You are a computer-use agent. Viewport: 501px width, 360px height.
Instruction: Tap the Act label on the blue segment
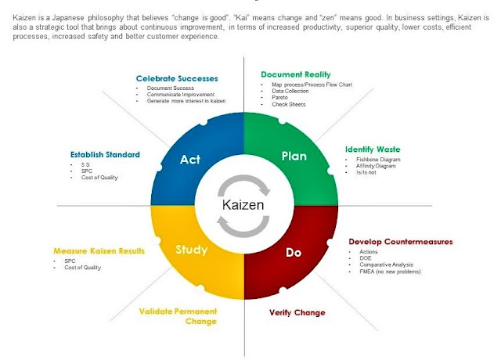[190, 160]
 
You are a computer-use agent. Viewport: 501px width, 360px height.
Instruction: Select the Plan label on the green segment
[294, 156]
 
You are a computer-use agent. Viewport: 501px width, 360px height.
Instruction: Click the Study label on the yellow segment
[192, 250]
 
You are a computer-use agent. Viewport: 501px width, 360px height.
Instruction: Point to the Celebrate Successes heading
[177, 78]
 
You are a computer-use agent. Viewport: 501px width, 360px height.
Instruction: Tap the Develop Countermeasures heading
[399, 241]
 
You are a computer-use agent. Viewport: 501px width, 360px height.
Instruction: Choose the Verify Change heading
[297, 313]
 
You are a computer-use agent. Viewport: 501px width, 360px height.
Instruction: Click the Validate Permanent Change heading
[178, 316]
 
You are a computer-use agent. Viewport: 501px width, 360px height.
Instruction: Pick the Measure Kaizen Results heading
[99, 251]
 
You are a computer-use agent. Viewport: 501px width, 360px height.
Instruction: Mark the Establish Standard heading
[105, 154]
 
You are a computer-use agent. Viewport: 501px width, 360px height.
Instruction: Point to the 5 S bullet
[85, 165]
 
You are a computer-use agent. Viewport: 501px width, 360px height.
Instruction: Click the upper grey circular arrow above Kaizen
[239, 186]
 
